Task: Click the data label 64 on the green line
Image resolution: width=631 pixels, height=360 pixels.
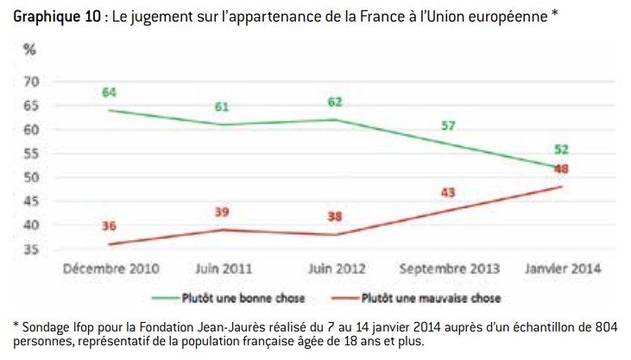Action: coord(109,92)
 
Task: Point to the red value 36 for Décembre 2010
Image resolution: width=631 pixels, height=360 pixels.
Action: coord(110,227)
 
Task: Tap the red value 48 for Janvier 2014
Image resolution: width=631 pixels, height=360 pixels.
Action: coord(561,169)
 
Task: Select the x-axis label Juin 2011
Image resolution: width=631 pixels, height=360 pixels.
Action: coord(223,269)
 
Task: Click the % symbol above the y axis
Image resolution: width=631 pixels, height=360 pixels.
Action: coord(30,50)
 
